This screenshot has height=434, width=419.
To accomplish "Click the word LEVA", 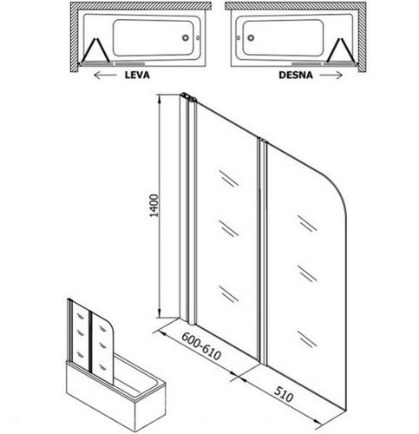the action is click(137, 75).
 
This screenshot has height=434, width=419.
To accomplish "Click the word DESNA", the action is click(296, 75).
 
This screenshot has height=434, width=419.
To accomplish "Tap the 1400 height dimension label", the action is click(154, 206).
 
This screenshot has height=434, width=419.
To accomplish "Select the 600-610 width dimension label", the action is click(201, 345).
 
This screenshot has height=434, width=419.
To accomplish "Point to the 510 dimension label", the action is click(284, 394).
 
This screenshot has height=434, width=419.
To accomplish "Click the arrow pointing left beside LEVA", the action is click(106, 76).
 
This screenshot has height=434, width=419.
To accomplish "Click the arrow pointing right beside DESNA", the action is click(331, 76).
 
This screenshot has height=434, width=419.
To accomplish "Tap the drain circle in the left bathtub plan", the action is click(186, 37).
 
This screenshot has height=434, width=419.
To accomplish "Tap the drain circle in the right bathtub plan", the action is click(251, 37).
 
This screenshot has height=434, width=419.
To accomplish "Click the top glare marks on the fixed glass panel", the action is click(229, 178).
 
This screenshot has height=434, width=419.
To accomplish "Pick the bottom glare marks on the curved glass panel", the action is click(307, 339).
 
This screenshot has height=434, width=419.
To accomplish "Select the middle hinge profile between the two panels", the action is click(263, 250).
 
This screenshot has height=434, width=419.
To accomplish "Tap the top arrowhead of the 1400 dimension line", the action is click(159, 99).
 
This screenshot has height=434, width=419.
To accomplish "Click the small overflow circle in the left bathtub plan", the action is click(198, 38).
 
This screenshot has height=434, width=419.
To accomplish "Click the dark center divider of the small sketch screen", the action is click(91, 342).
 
